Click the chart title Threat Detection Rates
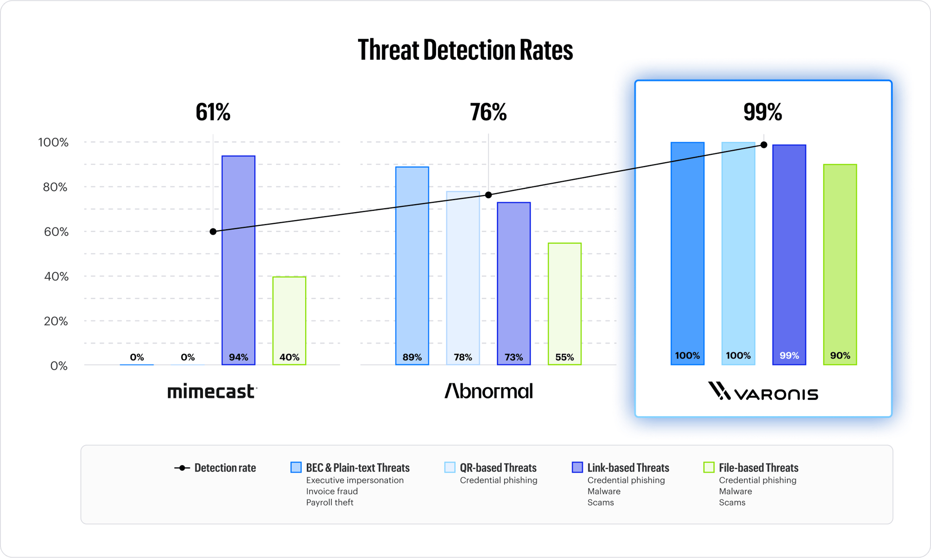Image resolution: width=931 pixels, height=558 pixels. tap(465, 50)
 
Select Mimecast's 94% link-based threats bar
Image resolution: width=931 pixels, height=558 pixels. tap(238, 260)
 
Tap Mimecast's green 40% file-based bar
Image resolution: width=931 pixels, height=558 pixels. tap(289, 321)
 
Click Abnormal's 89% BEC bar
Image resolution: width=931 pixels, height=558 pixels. tap(412, 265)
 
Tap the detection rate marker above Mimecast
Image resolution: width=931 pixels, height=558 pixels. tap(213, 232)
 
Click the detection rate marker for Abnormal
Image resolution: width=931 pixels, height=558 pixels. tap(488, 195)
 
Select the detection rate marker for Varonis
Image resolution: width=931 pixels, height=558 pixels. tap(764, 145)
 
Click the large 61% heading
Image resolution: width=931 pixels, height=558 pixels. tap(213, 112)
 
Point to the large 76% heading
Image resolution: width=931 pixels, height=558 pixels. tap(488, 112)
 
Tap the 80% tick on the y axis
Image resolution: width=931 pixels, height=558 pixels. tap(55, 187)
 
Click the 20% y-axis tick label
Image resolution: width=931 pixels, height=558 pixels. tap(55, 321)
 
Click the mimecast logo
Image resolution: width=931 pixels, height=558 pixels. tap(212, 392)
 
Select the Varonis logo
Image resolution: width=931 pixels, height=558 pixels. tap(763, 392)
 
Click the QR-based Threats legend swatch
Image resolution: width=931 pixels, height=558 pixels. tap(450, 467)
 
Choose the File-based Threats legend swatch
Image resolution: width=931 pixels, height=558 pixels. tap(708, 467)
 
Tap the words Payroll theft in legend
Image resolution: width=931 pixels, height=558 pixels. tap(330, 503)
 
